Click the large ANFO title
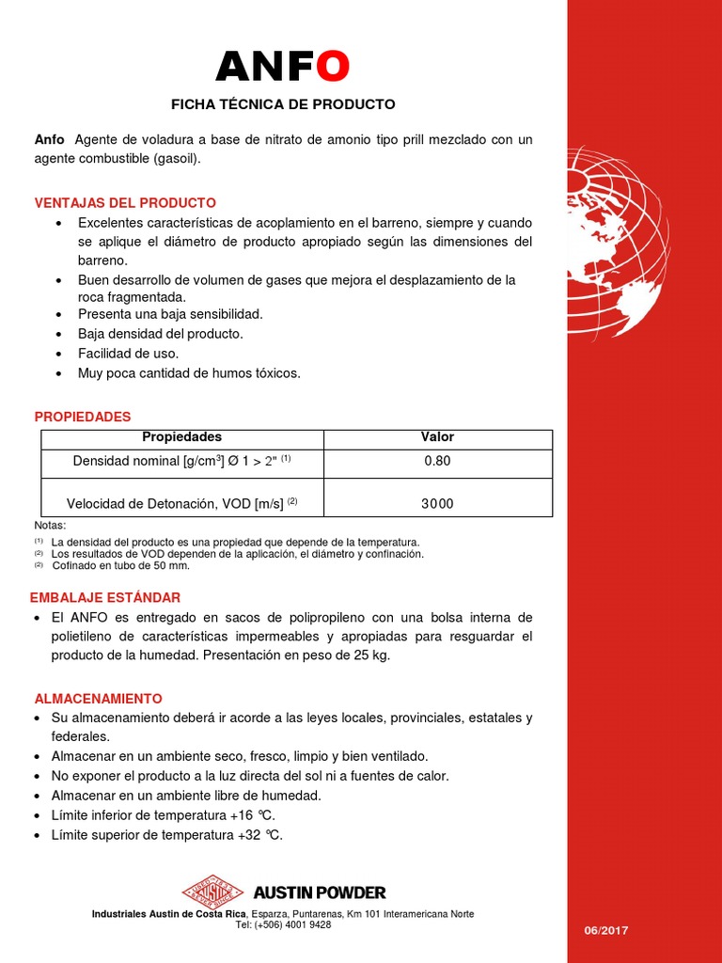point(283,66)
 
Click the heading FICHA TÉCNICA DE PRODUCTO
point(283,104)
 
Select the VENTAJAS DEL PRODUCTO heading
point(125,203)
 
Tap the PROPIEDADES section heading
point(83,417)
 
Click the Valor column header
point(437,437)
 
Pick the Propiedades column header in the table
point(181,437)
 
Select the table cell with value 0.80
point(437,461)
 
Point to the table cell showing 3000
point(437,503)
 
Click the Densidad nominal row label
point(182,461)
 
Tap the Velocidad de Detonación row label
point(182,503)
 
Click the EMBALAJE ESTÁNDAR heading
point(105,597)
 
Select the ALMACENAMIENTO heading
point(98,699)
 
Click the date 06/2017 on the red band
point(606,930)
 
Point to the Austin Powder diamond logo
point(212,892)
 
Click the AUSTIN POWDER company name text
point(320,892)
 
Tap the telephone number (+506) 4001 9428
point(283,924)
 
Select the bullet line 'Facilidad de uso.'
point(128,354)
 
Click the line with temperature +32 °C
point(166,835)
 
